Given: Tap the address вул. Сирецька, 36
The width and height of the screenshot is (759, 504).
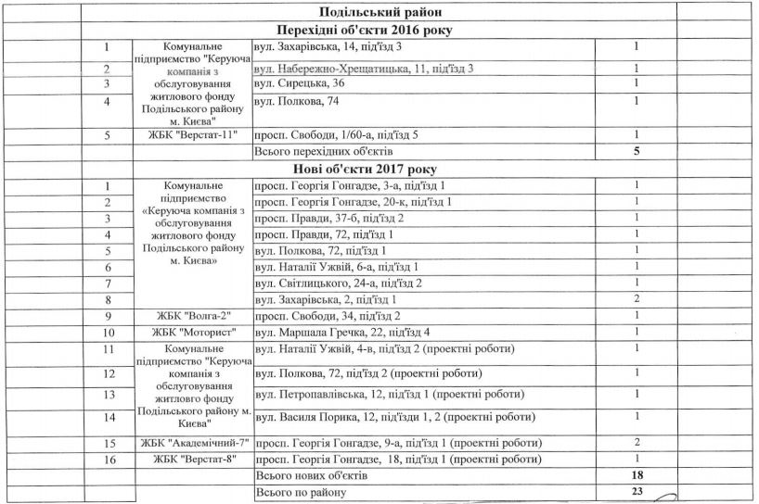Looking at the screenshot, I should pyautogui.click(x=293, y=84).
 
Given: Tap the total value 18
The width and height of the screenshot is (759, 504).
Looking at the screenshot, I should pyautogui.click(x=637, y=474).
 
